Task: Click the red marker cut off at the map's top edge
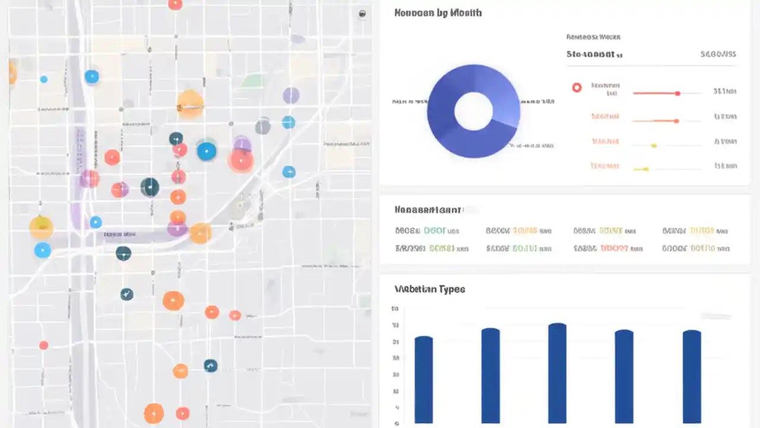pyautogui.click(x=175, y=4)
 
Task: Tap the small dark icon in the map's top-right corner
pyautogui.click(x=362, y=14)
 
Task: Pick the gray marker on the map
pyautogui.click(x=262, y=126)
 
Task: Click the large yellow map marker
pyautogui.click(x=41, y=227)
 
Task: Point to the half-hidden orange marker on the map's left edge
pyautogui.click(x=11, y=73)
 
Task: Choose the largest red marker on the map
pyautogui.click(x=241, y=159)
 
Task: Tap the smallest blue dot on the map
pyautogui.click(x=43, y=79)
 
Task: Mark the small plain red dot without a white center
pyautogui.click(x=43, y=345)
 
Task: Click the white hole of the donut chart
pyautogui.click(x=473, y=111)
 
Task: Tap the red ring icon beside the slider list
pyautogui.click(x=577, y=87)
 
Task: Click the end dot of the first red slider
pyautogui.click(x=677, y=93)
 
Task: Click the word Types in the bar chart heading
pyautogui.click(x=452, y=289)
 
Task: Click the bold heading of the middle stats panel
pyautogui.click(x=427, y=210)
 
